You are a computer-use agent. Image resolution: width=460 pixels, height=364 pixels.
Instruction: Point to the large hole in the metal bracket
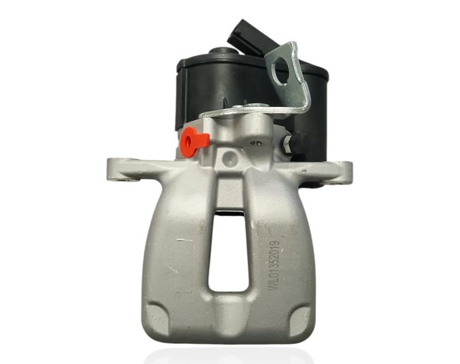[x=289, y=59]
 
